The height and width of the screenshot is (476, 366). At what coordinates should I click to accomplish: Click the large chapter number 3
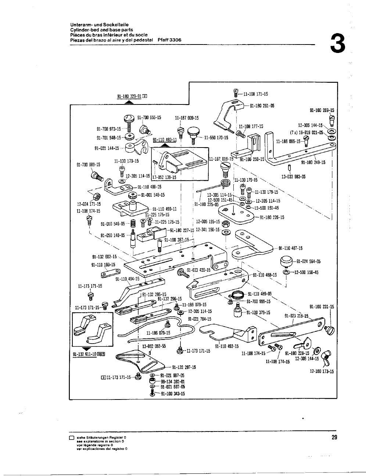(338, 45)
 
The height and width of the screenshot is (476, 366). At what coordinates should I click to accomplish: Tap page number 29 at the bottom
(334, 437)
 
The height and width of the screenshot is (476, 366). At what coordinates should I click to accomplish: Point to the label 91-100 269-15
(322, 110)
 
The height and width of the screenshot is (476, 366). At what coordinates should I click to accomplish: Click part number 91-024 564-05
(309, 262)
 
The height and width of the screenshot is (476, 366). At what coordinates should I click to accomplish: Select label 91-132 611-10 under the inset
(87, 355)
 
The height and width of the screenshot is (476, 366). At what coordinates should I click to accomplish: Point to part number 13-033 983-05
(293, 177)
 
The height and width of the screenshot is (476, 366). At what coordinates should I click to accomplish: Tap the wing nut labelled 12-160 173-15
(325, 356)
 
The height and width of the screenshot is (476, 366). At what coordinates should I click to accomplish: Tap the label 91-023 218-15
(296, 316)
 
